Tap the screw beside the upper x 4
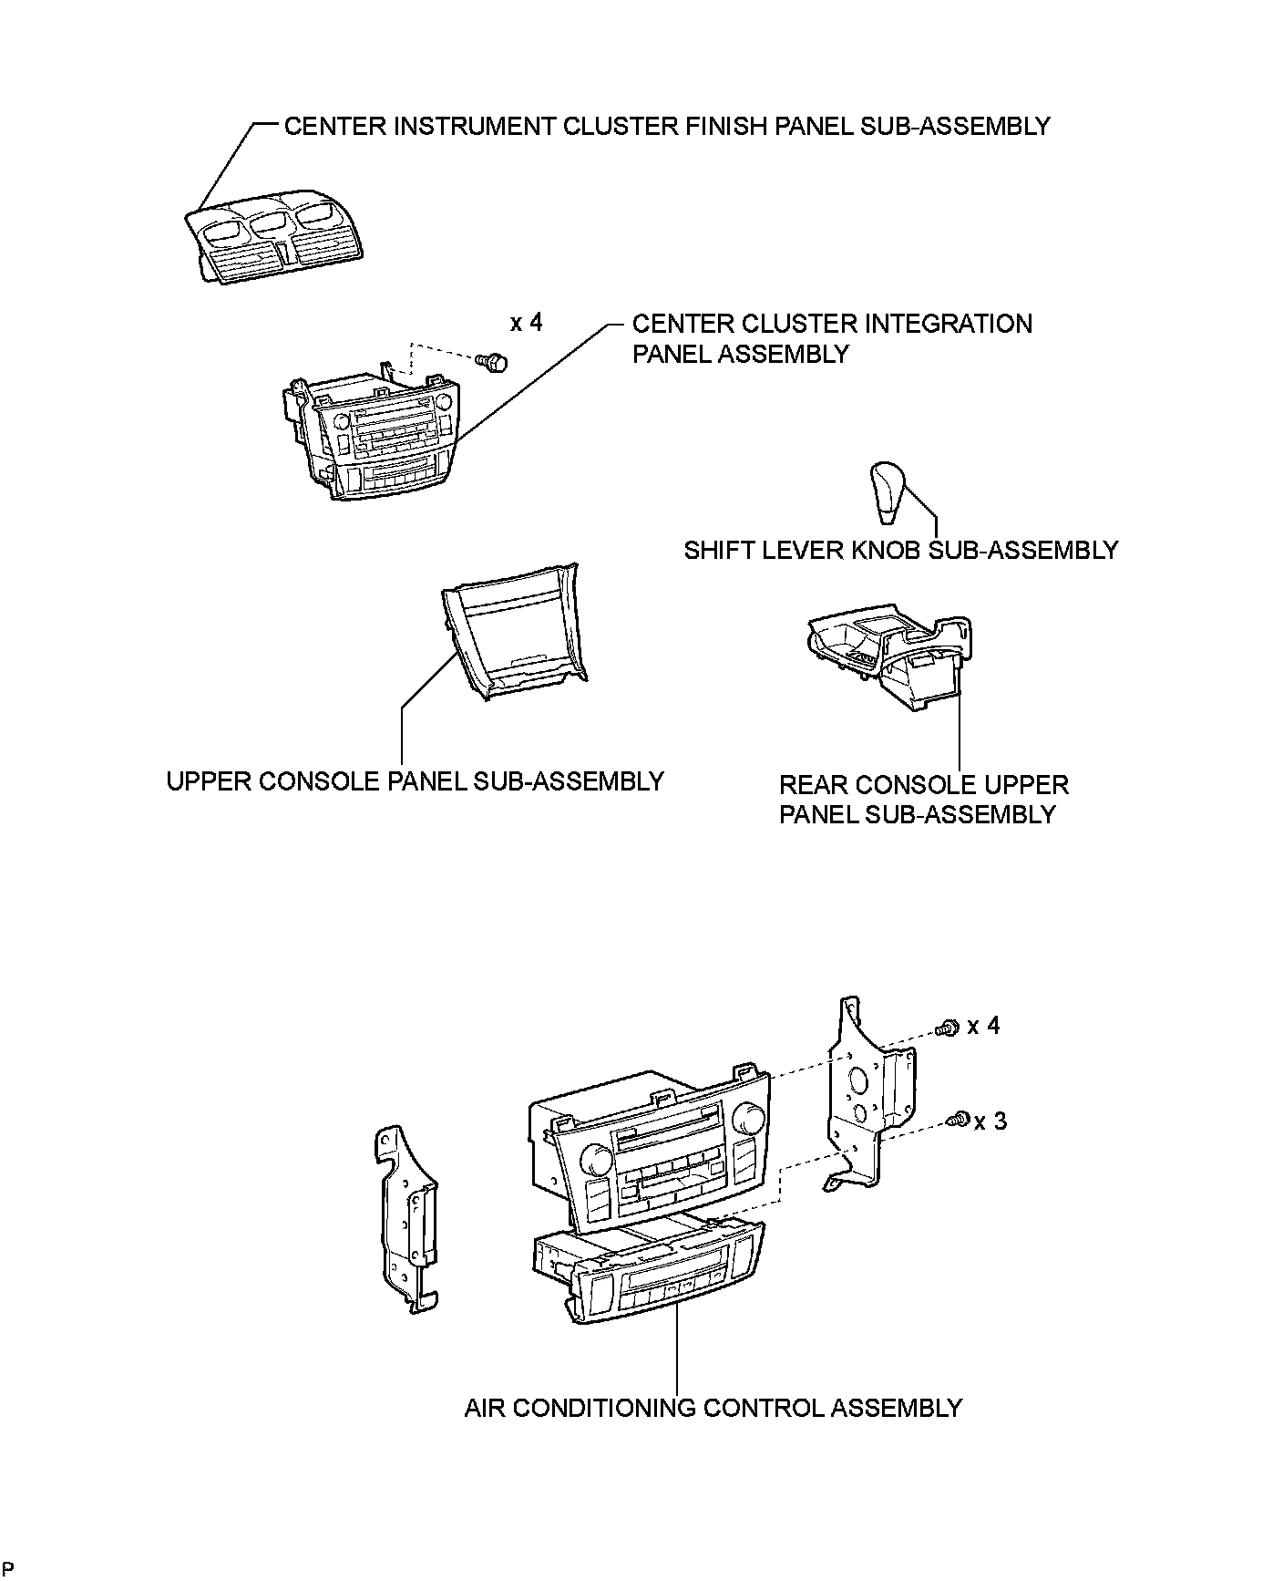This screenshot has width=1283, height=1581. pos(494,363)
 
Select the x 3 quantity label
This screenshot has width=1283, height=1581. pos(990,1121)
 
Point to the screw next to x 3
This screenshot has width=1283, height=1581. pos(958,1121)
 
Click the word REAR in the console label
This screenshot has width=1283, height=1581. pos(814,785)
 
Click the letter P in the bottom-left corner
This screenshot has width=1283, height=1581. pos(8,1568)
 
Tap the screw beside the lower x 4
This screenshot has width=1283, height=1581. pos(949,1028)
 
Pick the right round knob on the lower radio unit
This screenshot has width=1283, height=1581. pos(751,1116)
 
